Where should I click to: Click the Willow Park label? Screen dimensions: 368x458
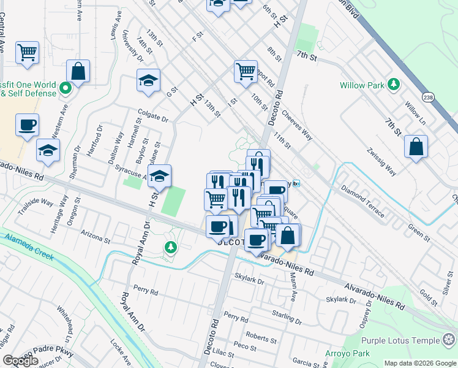pos(361,85)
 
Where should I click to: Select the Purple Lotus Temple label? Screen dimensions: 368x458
pos(400,340)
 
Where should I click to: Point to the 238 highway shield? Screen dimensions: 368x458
pos(428,96)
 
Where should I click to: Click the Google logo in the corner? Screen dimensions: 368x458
pos(20,361)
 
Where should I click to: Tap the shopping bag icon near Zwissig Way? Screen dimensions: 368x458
pos(416,147)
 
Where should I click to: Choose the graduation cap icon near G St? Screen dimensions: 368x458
pos(148,82)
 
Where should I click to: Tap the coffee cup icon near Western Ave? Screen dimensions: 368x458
pos(27,125)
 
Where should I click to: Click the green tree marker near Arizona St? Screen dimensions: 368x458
pos(171,247)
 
